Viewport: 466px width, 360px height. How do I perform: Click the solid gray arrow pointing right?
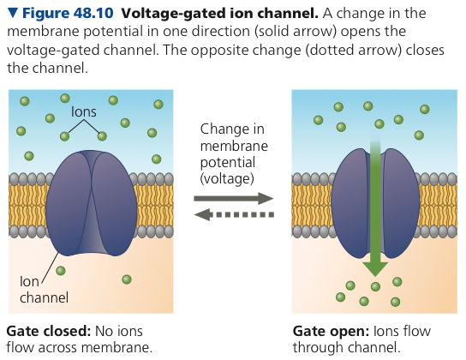234,198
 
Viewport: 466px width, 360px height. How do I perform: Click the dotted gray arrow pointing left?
234,214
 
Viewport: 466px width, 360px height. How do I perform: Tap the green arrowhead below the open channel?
375,269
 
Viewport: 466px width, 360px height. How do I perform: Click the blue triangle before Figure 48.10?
13,13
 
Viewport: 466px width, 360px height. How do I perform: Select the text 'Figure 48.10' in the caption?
68,14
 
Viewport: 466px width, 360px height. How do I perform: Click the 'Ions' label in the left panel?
83,112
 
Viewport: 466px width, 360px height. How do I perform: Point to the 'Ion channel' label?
44,290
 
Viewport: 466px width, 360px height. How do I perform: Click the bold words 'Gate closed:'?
49,332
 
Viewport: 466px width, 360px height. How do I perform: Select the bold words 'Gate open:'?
331,332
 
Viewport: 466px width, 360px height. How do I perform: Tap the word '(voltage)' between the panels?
227,178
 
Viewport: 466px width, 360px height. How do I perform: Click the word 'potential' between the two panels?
228,163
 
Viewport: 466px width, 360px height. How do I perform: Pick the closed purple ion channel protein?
92,203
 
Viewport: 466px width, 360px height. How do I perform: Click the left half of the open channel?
351,203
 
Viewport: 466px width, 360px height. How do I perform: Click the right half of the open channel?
401,203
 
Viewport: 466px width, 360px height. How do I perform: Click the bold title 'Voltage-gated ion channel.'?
219,14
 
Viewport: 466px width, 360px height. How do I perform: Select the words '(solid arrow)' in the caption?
296,32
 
